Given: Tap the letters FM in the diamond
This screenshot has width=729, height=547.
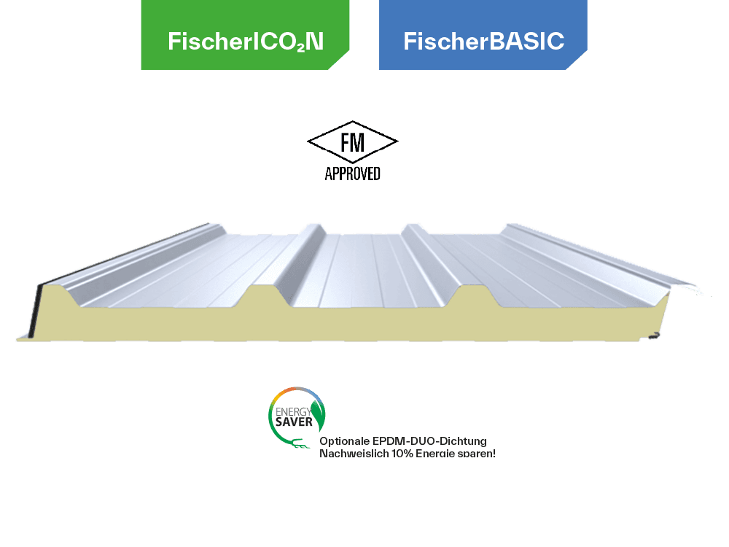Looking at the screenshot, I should (x=353, y=143).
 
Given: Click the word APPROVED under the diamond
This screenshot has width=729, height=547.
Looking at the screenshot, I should (x=352, y=174).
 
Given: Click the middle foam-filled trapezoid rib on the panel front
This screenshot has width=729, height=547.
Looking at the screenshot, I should (x=270, y=296).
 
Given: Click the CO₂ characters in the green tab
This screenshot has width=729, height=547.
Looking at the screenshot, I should (x=288, y=42).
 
